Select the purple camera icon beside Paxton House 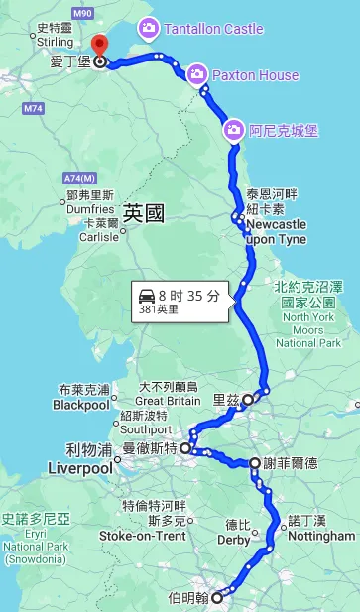196,74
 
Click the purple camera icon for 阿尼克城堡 233,129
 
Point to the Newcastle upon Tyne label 275,232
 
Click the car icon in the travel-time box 147,295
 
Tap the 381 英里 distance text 160,309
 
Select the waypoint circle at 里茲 249,400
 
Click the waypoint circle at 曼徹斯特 185,449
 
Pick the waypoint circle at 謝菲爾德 256,463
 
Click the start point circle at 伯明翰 217,598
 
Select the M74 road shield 33,107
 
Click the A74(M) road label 85,178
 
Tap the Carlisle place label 99,237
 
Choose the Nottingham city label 319,536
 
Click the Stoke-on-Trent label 142,536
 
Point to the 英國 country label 144,212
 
